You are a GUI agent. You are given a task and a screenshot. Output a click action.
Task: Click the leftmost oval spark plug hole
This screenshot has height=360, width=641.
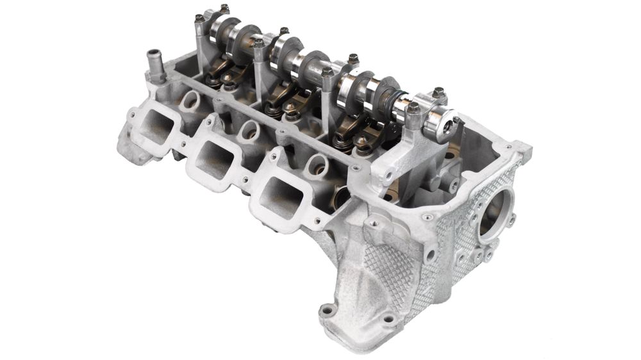[190, 100]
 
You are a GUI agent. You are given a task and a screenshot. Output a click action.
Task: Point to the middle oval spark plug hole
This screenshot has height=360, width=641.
[250, 131]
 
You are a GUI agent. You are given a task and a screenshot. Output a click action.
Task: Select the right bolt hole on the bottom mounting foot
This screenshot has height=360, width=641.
[388, 318]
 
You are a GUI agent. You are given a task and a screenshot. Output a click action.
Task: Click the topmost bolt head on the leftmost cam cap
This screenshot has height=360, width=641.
[224, 8]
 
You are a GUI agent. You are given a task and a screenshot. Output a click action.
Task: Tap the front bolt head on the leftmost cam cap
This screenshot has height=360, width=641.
[199, 19]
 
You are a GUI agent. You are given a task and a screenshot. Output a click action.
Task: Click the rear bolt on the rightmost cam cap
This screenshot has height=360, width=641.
[438, 92]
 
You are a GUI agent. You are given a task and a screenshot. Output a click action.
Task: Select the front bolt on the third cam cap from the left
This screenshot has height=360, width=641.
[328, 72]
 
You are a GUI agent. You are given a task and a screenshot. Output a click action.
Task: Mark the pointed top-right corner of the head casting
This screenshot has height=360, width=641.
[527, 149]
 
